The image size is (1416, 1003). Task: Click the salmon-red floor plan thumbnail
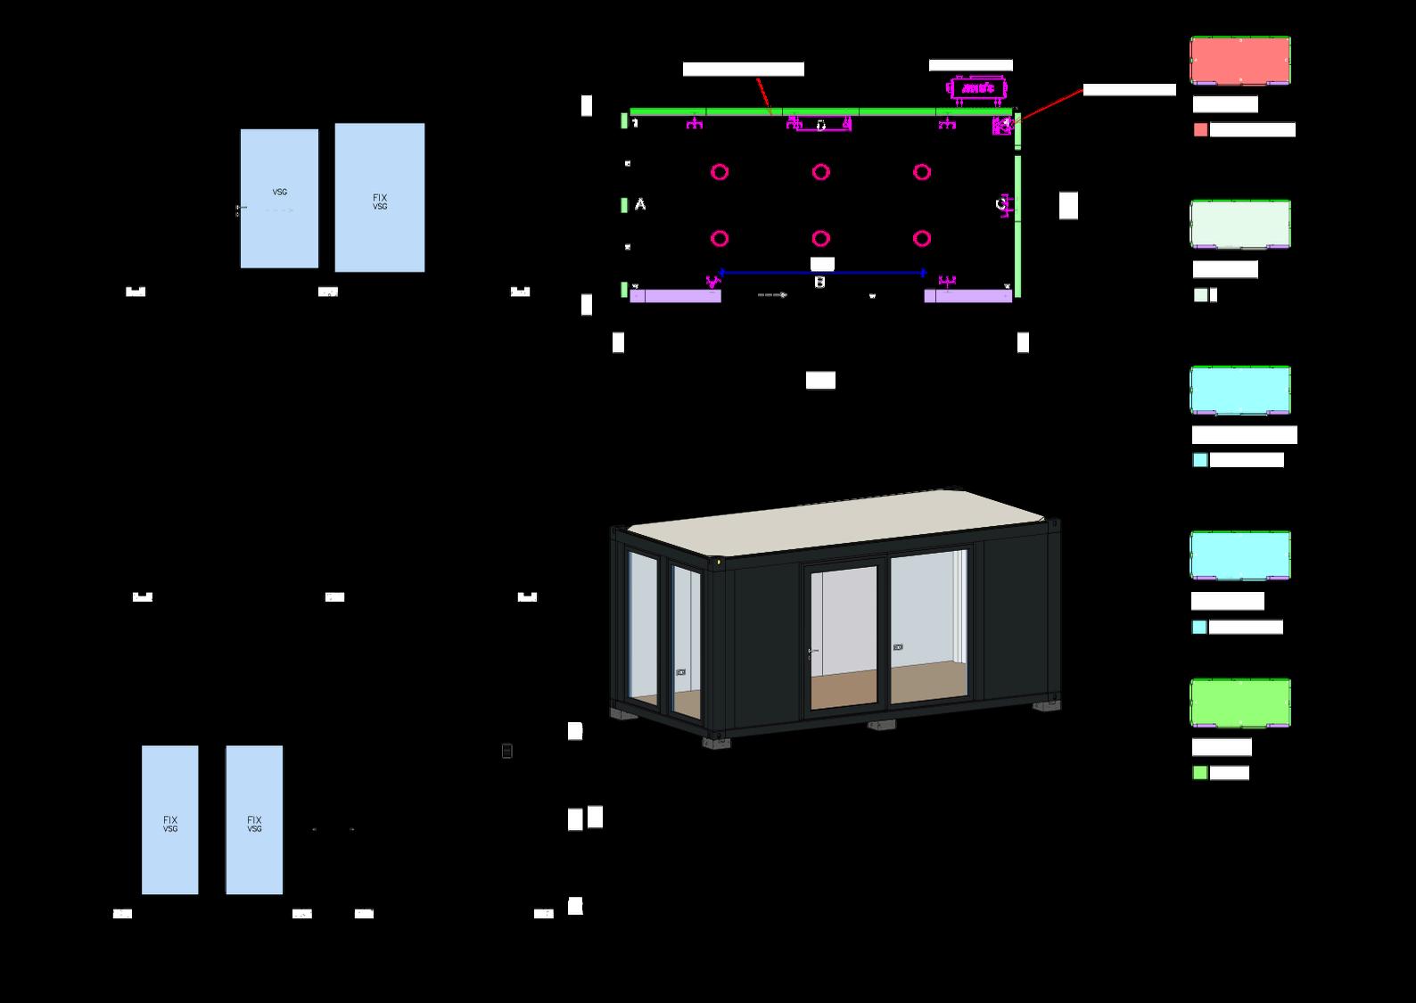click(x=1239, y=60)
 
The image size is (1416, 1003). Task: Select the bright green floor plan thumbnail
click(x=1239, y=703)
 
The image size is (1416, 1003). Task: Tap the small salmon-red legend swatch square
click(x=1200, y=130)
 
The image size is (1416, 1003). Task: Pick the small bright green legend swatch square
click(x=1200, y=773)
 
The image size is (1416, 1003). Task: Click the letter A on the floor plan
click(x=640, y=205)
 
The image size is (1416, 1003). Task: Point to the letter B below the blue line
click(x=819, y=283)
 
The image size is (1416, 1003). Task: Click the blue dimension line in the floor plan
click(x=820, y=272)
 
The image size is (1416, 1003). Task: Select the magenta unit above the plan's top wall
click(x=978, y=88)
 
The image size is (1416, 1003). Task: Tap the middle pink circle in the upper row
click(x=820, y=172)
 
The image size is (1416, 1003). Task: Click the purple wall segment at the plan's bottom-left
click(x=676, y=296)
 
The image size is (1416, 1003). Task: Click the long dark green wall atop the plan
click(x=820, y=112)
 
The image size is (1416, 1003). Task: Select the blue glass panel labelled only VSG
click(x=279, y=198)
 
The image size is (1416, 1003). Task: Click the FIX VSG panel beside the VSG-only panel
click(x=380, y=198)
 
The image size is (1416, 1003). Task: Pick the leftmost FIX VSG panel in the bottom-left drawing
click(x=169, y=820)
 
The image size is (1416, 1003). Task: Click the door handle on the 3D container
click(x=811, y=653)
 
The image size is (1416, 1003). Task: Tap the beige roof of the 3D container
click(x=838, y=520)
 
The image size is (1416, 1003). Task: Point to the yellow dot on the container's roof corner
click(x=719, y=563)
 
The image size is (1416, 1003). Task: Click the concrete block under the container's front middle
click(x=879, y=725)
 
